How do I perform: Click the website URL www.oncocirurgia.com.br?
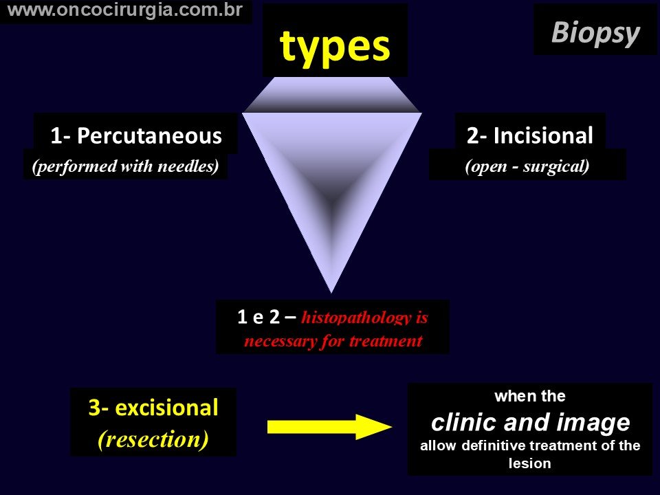tap(125, 10)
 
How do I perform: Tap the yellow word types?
tap(335, 48)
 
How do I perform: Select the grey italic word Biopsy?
tap(595, 34)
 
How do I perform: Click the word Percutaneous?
tap(149, 136)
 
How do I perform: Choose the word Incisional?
tap(543, 135)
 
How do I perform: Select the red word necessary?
tap(280, 341)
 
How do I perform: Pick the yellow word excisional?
tap(166, 408)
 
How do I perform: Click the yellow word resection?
tap(153, 439)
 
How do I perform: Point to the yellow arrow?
tap(329, 427)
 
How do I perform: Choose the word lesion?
tap(529, 463)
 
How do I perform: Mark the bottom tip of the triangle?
tap(331, 293)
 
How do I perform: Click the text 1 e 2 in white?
tap(258, 317)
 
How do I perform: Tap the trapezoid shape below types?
tap(332, 95)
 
